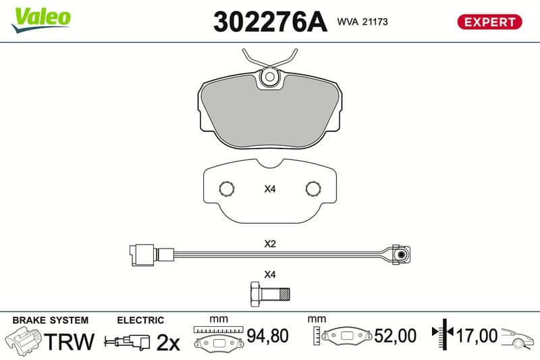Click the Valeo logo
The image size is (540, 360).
click(x=41, y=20)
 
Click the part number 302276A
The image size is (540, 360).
click(x=270, y=22)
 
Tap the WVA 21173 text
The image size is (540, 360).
click(x=362, y=22)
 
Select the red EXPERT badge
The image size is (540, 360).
click(x=489, y=22)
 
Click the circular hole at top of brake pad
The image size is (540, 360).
click(x=270, y=76)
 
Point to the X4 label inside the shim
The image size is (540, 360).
click(x=270, y=189)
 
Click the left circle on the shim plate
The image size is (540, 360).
click(x=227, y=189)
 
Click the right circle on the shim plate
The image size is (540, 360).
click(x=313, y=189)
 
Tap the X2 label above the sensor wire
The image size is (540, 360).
click(x=270, y=244)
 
